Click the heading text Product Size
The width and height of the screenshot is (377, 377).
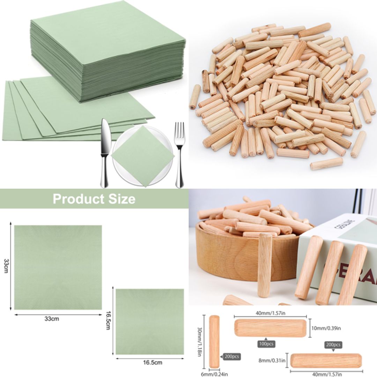(x=94, y=199)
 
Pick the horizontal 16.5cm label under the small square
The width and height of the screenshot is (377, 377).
(x=153, y=362)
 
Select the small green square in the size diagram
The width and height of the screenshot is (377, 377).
(x=150, y=321)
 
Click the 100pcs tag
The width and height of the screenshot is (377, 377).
(x=266, y=344)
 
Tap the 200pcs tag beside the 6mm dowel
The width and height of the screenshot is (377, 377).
(x=231, y=356)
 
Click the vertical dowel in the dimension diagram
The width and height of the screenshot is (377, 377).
(x=214, y=341)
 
